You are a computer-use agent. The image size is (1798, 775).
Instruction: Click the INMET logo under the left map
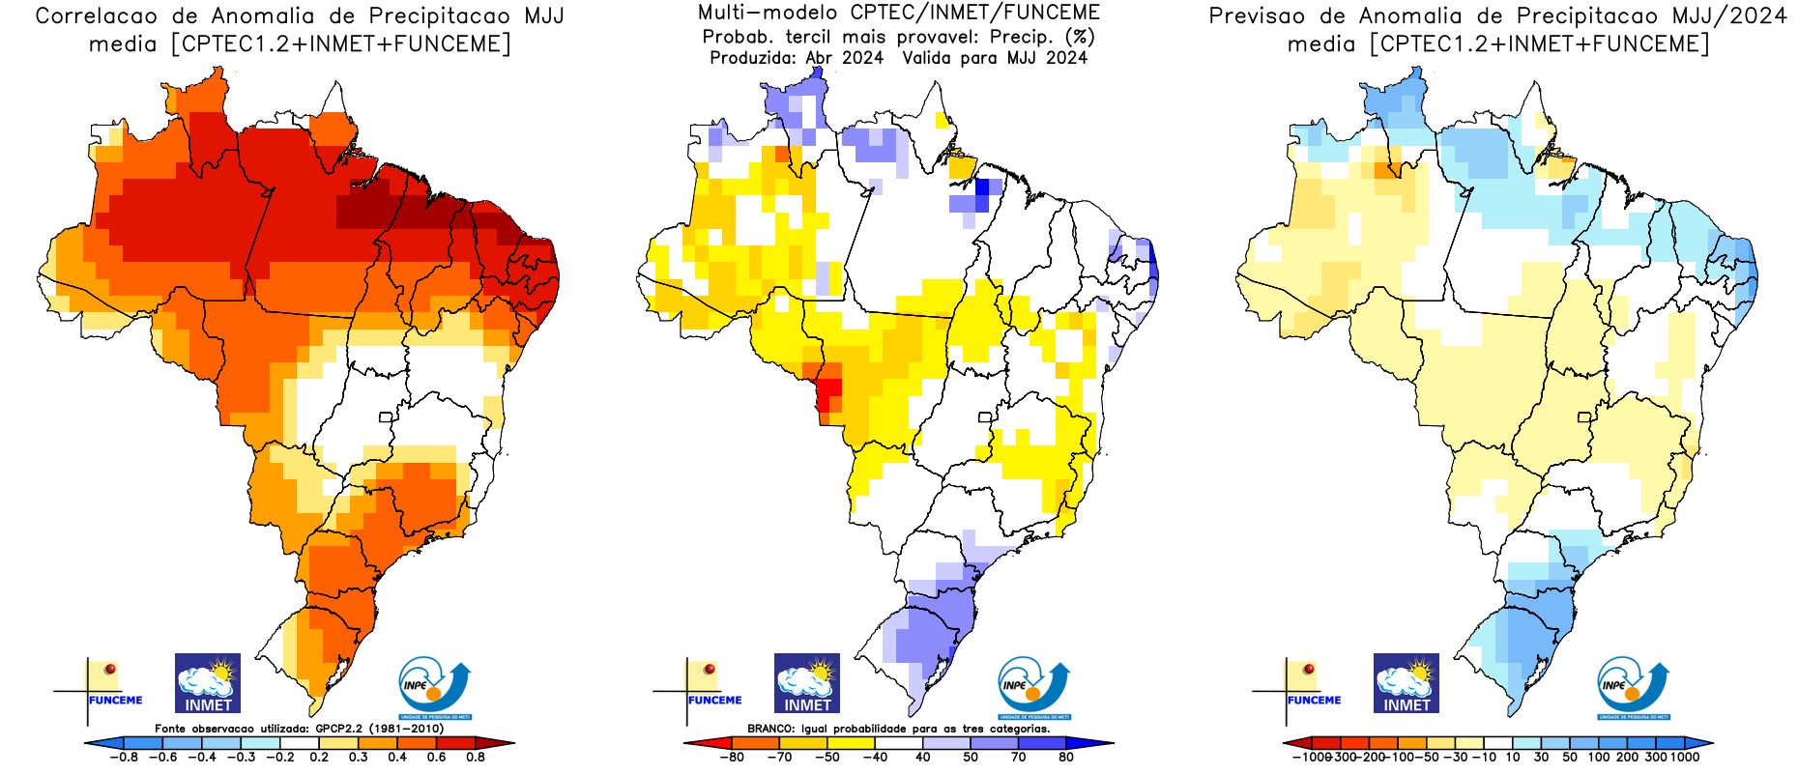[x=208, y=683]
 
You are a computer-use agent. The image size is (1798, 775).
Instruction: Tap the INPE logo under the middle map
[x=1033, y=687]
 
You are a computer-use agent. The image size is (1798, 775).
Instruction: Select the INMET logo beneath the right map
[x=1406, y=683]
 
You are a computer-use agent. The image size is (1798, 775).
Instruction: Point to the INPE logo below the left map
[x=434, y=687]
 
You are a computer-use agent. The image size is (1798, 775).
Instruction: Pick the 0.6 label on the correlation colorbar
[x=437, y=758]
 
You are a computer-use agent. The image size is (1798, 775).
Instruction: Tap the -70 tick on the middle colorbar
[x=779, y=758]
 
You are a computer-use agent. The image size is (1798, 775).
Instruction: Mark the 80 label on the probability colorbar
[x=1066, y=758]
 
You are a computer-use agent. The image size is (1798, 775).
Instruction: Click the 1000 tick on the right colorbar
[x=1685, y=758]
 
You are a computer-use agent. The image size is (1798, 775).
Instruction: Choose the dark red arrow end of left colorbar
[x=504, y=743]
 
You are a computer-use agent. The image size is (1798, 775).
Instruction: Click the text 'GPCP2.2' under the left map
[x=341, y=729]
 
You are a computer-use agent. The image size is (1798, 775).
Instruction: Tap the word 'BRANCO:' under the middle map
[x=769, y=729]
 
